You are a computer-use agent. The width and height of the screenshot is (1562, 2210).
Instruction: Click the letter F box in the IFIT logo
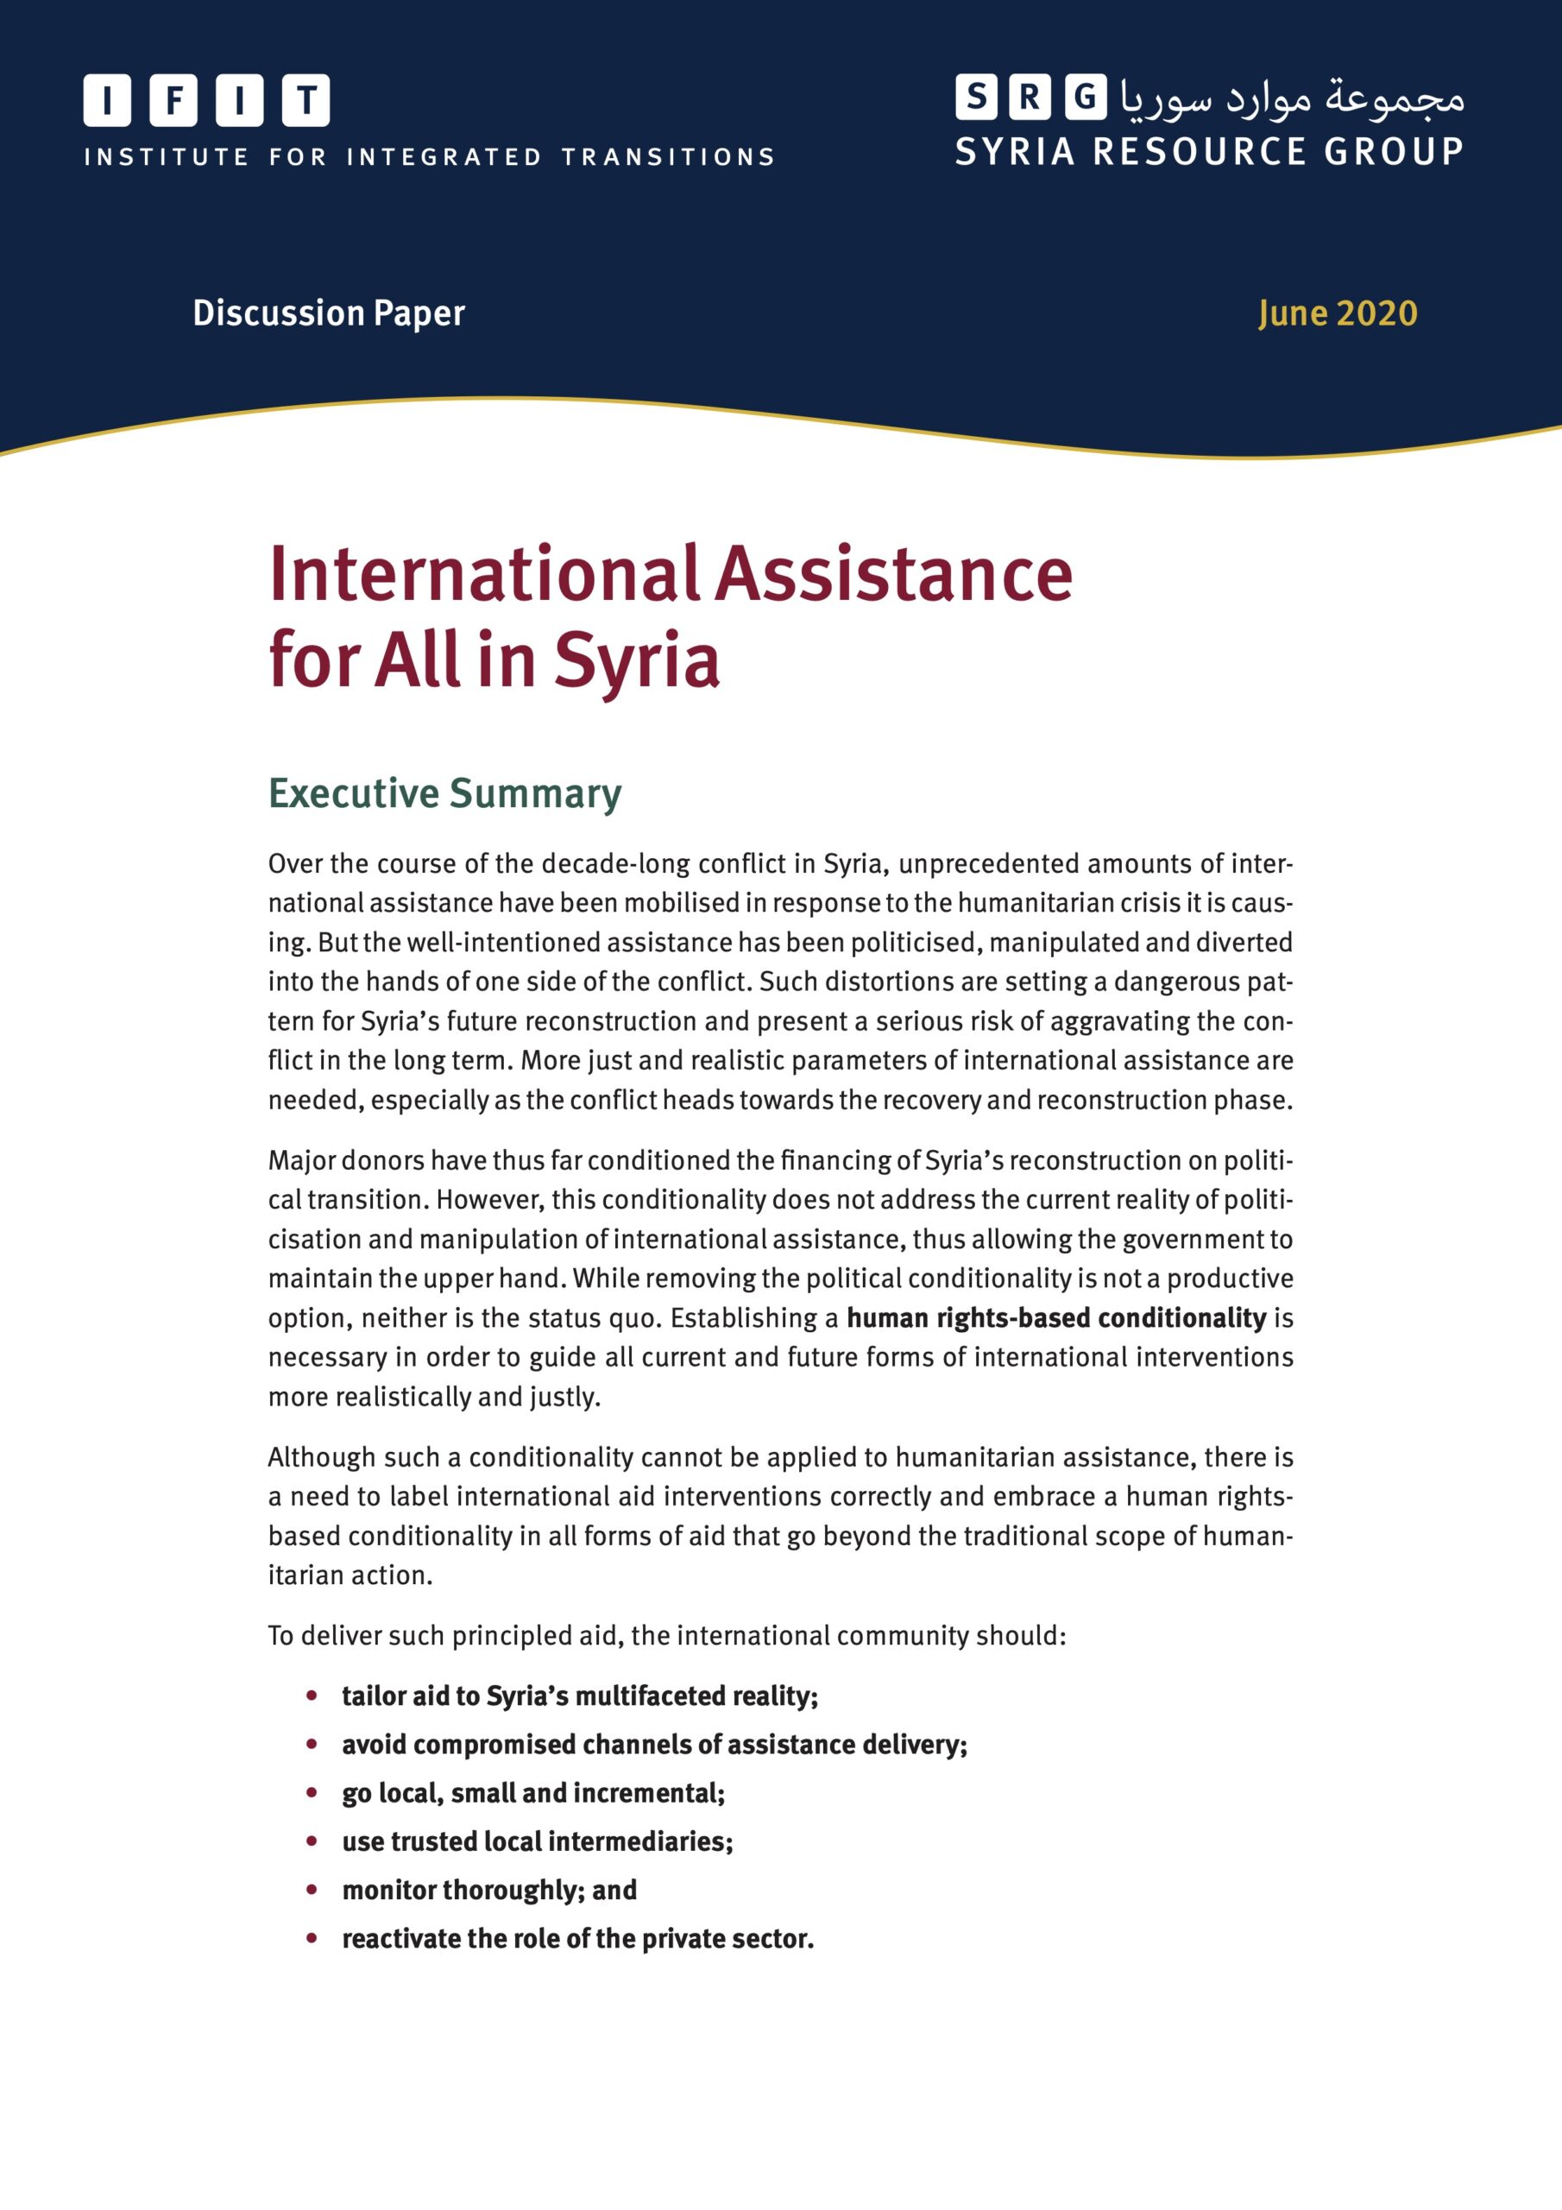pyautogui.click(x=174, y=100)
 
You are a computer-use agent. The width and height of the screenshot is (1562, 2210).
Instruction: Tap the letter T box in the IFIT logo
pyautogui.click(x=306, y=100)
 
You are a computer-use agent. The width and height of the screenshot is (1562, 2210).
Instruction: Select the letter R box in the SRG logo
pyautogui.click(x=1030, y=98)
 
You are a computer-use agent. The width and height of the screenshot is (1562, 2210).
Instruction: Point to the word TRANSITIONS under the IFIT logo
pyautogui.click(x=668, y=157)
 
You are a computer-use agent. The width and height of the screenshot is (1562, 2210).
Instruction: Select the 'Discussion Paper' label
pyautogui.click(x=328, y=313)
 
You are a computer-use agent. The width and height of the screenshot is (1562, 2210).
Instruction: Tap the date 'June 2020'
pyautogui.click(x=1337, y=313)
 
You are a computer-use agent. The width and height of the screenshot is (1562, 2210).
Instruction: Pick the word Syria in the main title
pyautogui.click(x=636, y=661)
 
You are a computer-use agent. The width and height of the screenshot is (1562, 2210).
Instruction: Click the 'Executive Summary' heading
pyautogui.click(x=444, y=793)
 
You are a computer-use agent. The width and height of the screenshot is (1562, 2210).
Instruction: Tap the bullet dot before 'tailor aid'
pyautogui.click(x=312, y=1695)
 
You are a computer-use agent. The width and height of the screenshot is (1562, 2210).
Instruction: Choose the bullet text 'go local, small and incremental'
pyautogui.click(x=533, y=1793)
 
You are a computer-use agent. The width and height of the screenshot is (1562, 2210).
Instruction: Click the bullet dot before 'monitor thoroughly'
pyautogui.click(x=312, y=1890)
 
